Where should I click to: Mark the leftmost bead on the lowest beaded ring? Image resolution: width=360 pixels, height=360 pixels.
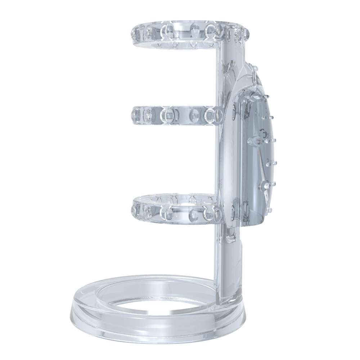pyautogui.click(x=136, y=209)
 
